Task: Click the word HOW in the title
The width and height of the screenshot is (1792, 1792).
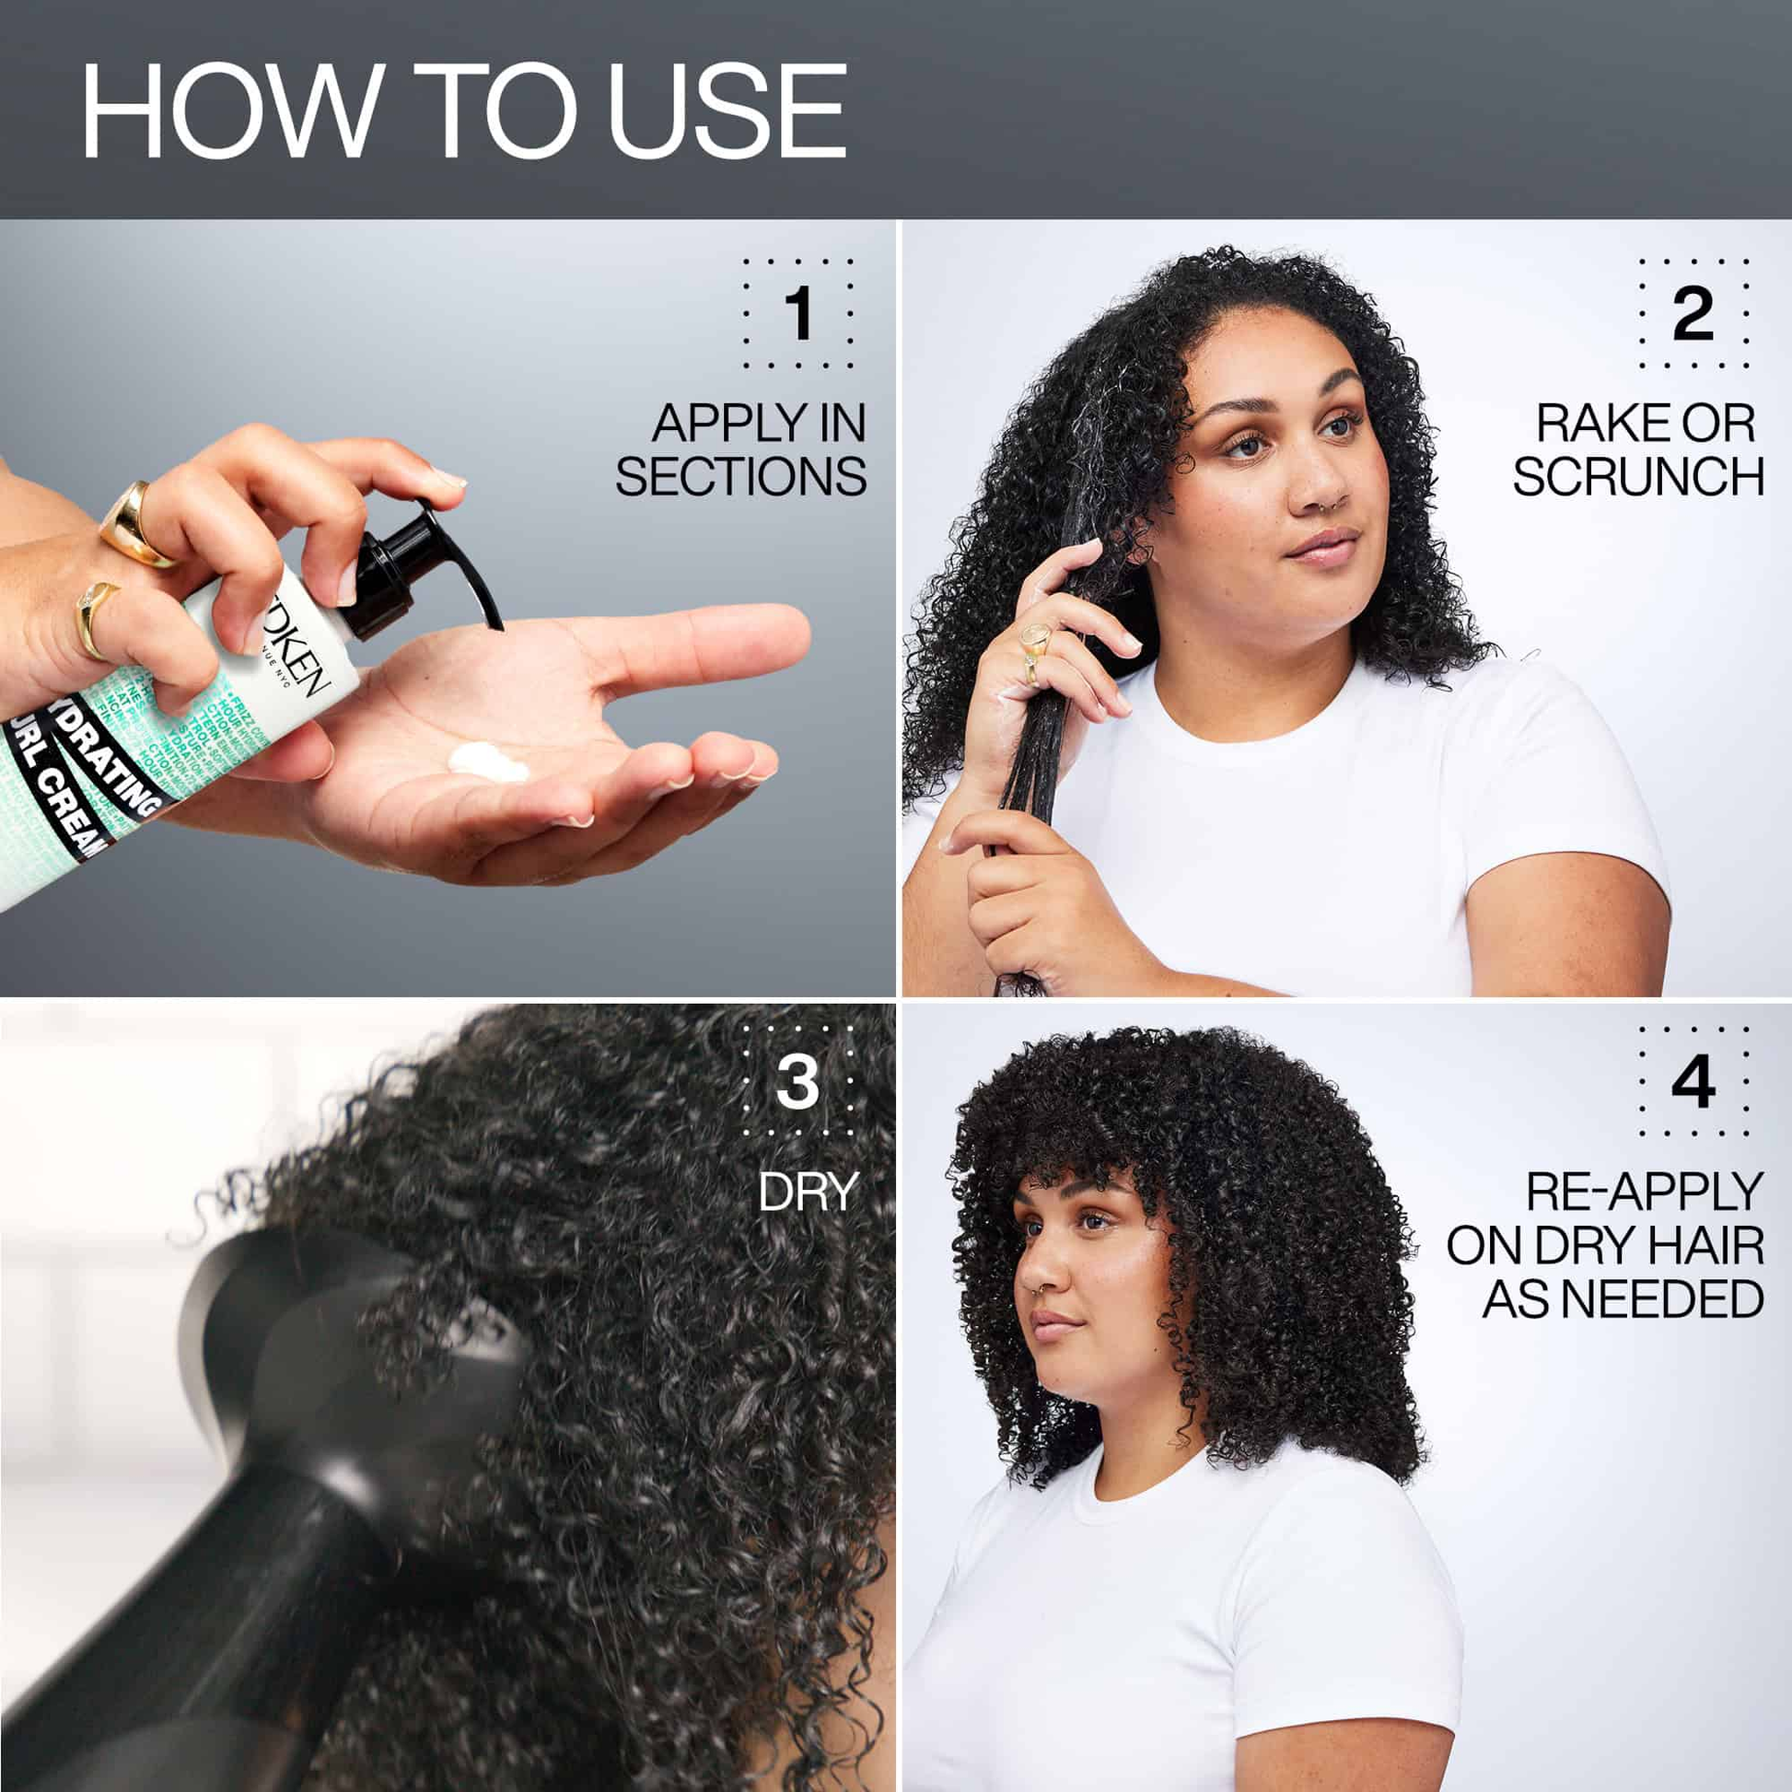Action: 232,111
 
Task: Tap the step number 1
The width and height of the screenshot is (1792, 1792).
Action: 797,313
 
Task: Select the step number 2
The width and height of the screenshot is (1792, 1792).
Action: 1693,313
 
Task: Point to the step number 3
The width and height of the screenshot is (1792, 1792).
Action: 797,1080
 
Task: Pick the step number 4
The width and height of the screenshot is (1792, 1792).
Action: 1693,1080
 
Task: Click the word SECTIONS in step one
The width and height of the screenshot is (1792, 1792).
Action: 740,477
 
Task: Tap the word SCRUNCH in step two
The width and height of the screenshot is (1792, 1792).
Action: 1637,477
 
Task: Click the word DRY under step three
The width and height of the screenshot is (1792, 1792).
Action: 807,1192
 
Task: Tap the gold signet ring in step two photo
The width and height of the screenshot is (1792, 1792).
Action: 1036,638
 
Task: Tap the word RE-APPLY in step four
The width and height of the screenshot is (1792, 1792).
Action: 1644,1192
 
